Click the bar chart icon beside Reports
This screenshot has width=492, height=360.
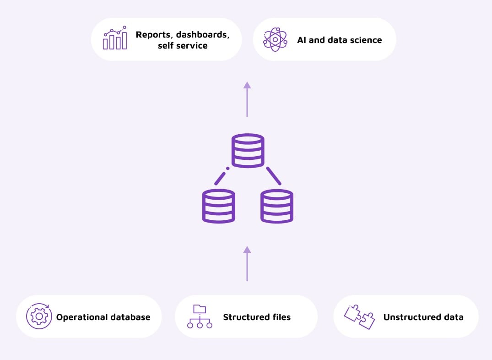114,39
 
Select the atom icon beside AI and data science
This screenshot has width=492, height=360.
275,39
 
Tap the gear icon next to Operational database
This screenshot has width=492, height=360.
38,316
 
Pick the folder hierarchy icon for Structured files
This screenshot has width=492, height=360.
200,316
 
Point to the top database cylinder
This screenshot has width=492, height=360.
248,150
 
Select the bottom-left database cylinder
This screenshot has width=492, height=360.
219,206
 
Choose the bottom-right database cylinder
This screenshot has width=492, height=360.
277,206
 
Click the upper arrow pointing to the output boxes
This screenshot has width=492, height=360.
247,99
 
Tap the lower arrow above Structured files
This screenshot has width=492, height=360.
247,263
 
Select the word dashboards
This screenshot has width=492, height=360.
205,34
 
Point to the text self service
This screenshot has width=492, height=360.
183,46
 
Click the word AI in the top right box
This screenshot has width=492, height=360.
302,40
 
